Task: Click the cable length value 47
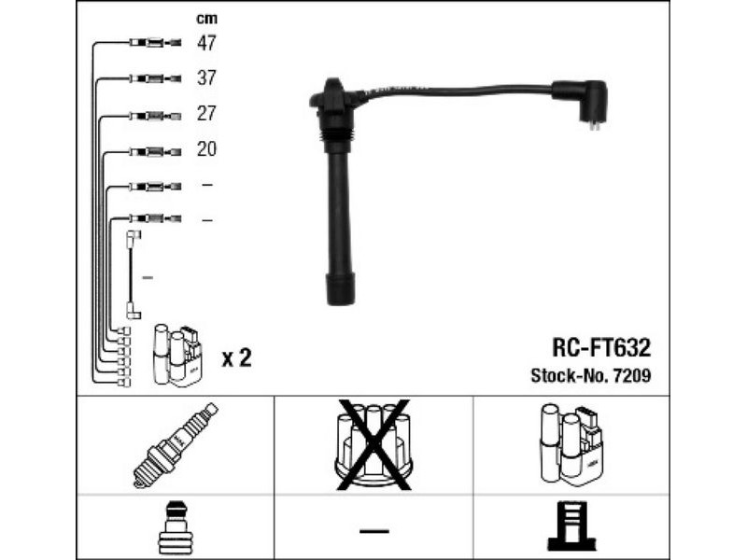206,43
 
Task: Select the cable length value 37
206,77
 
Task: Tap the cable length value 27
206,113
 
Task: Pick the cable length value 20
206,149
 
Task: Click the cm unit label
206,19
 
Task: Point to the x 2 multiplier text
236,357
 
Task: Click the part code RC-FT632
601,347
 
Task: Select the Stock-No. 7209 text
591,376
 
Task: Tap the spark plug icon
175,445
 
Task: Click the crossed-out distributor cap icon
373,445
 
